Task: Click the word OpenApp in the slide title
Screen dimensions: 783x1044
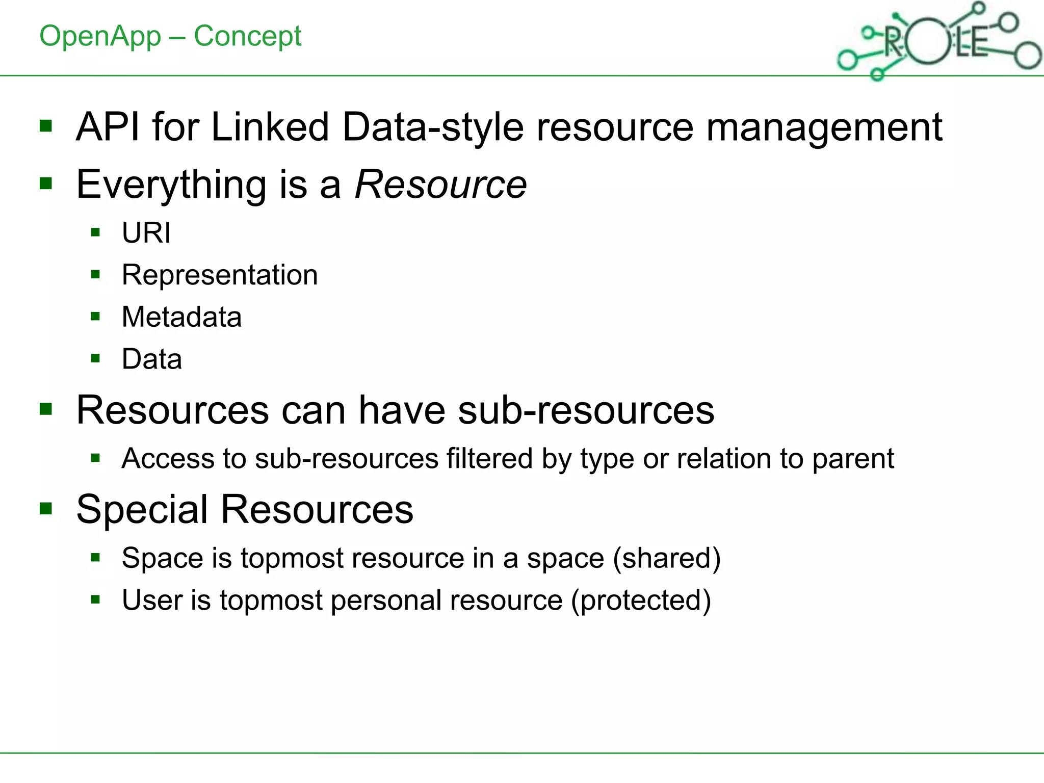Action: point(100,37)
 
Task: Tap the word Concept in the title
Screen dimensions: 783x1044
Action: point(248,37)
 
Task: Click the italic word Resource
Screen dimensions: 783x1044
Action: point(441,184)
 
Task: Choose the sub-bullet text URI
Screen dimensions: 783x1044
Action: point(146,233)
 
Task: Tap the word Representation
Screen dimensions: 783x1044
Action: point(220,275)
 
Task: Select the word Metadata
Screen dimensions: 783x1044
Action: point(181,317)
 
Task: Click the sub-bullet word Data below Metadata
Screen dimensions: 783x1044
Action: point(152,359)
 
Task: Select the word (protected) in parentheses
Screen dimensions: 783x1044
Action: point(641,601)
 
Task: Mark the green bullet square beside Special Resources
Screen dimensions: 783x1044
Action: point(46,508)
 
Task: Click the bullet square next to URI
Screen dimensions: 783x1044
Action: point(95,233)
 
